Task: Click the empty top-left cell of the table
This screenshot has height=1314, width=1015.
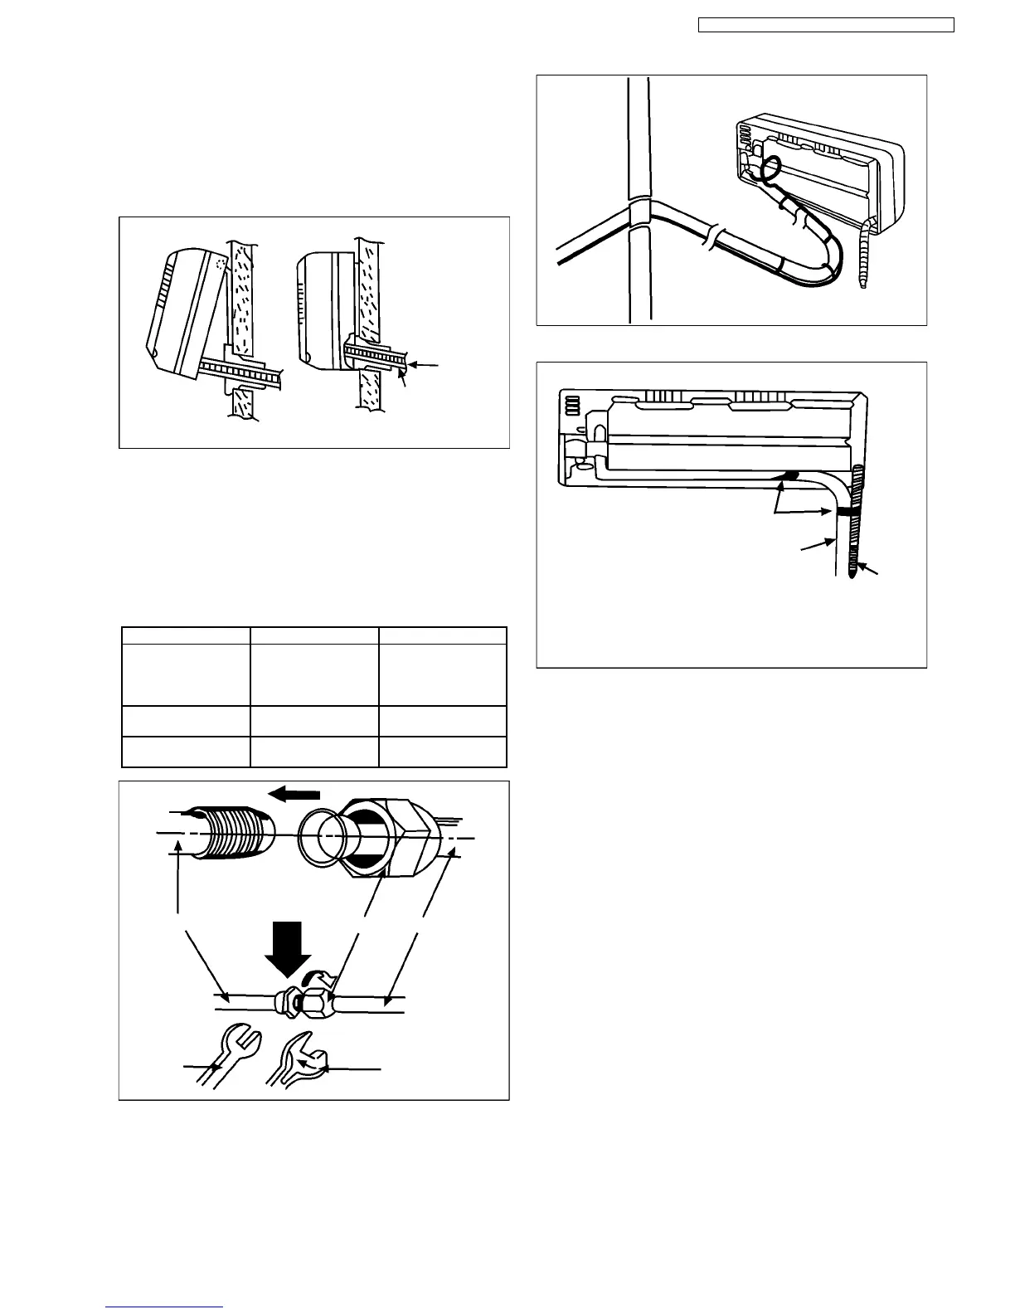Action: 187,635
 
